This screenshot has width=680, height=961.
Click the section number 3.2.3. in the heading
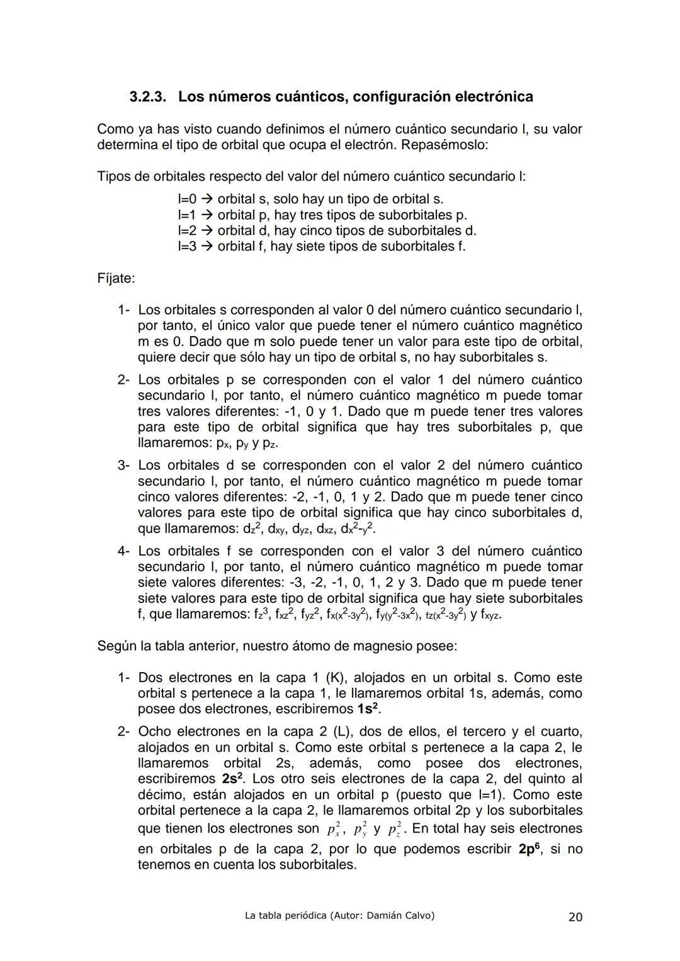tap(149, 97)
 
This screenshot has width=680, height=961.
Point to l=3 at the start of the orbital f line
tap(187, 246)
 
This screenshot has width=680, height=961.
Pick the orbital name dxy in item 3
tap(271, 529)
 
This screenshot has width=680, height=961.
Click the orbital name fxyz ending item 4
tap(489, 614)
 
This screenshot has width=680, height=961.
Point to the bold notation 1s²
tap(368, 709)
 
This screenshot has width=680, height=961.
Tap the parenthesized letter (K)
tap(336, 678)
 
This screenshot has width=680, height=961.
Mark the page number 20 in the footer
tap(575, 917)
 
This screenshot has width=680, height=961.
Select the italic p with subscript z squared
tap(394, 829)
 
